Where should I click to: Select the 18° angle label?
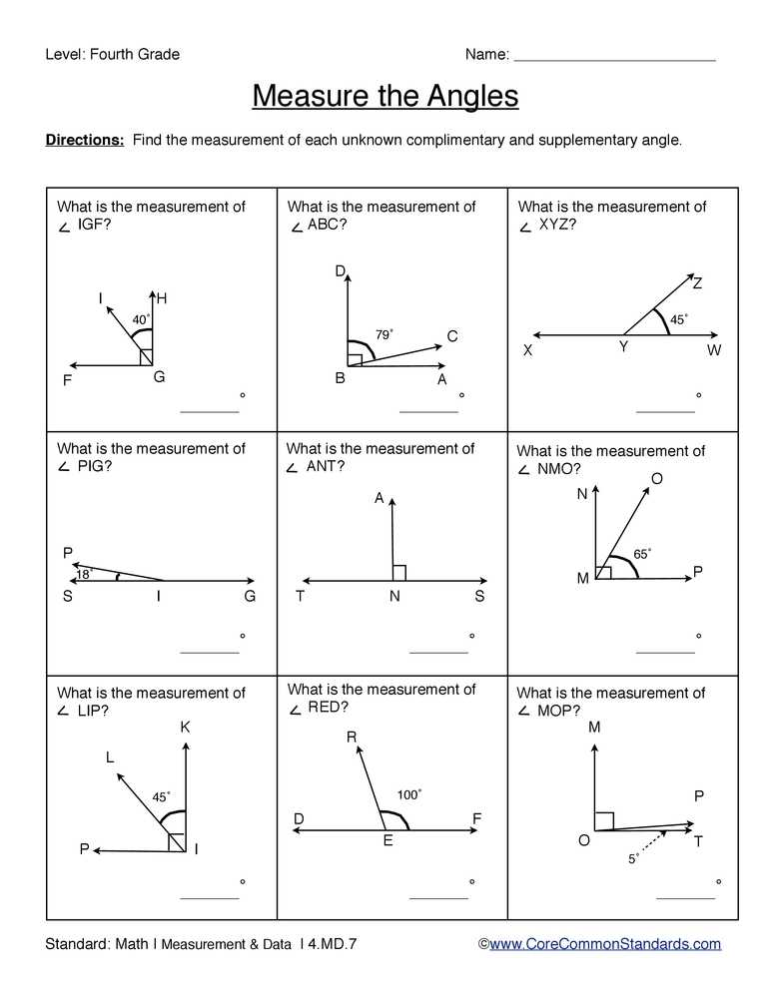click(85, 574)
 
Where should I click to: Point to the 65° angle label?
click(642, 554)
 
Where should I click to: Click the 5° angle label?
click(634, 858)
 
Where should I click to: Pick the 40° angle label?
click(141, 319)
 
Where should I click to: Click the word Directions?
click(85, 140)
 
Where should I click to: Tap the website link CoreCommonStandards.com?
click(604, 943)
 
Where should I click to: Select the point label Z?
click(697, 284)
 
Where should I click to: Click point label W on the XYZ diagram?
click(714, 350)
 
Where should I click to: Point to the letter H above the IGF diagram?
click(162, 298)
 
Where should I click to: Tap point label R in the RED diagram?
click(352, 738)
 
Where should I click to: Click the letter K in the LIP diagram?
click(185, 728)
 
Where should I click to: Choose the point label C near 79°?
click(452, 337)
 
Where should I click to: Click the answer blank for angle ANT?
click(438, 652)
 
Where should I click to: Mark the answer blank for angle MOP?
click(685, 898)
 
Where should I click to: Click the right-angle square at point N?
click(398, 572)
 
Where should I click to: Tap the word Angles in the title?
click(473, 96)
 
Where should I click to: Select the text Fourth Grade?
click(135, 54)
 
